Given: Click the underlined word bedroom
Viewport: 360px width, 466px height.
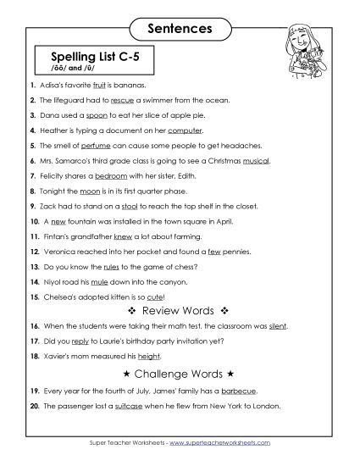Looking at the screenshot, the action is [117, 175].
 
